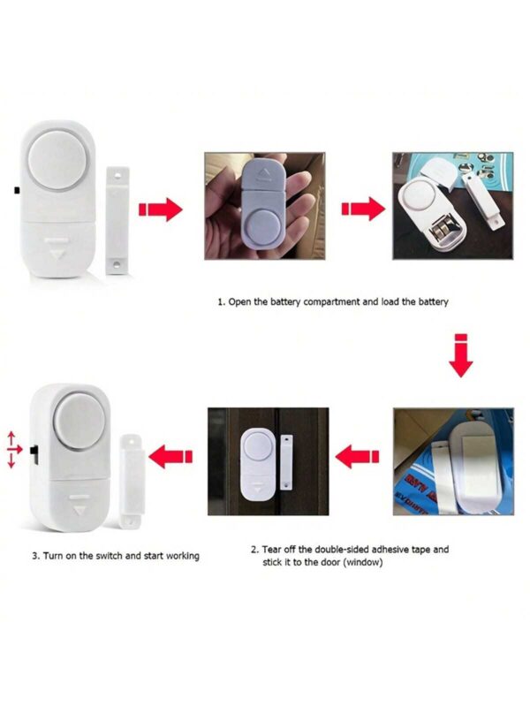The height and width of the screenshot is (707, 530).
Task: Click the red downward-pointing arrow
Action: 460,355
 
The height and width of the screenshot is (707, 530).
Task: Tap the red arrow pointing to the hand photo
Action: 160,209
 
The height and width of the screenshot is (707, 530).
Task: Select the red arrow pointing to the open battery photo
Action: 363,209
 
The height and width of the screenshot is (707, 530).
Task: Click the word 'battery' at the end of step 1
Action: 433,301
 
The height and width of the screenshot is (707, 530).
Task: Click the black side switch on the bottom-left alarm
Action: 34,450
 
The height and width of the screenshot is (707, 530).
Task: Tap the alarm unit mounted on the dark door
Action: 258,465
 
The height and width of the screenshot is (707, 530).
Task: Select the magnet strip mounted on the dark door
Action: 286,462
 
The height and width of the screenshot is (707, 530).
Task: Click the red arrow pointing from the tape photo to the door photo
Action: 358,456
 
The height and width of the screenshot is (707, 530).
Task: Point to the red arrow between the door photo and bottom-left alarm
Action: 170,456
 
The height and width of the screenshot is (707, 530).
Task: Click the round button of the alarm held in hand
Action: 261,228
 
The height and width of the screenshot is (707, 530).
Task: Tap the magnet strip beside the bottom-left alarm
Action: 131,481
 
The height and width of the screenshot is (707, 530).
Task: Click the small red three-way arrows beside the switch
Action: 13,450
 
